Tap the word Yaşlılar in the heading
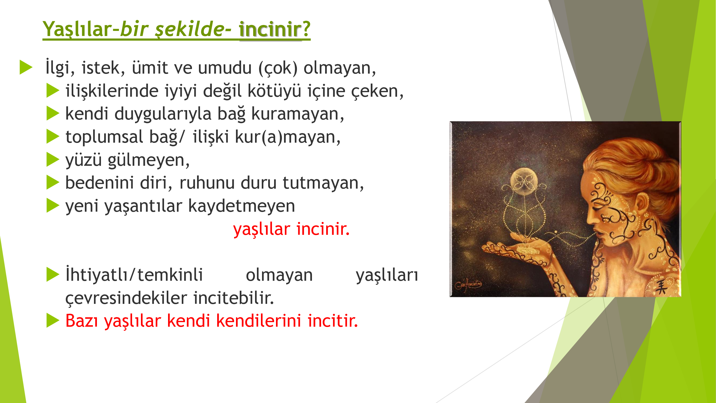pyautogui.click(x=77, y=29)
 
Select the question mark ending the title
pyautogui.click(x=306, y=28)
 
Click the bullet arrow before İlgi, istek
pyautogui.click(x=26, y=67)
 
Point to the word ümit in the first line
pyautogui.click(x=150, y=68)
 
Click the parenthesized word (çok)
pyautogui.click(x=278, y=68)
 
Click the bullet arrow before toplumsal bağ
pyautogui.click(x=53, y=136)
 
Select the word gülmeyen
pyautogui.click(x=149, y=160)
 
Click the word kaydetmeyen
pyautogui.click(x=242, y=206)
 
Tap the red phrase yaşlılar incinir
pyautogui.click(x=291, y=229)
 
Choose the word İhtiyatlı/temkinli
pyautogui.click(x=134, y=275)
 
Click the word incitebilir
pyautogui.click(x=234, y=298)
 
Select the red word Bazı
pyautogui.click(x=82, y=321)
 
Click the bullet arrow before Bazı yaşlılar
pyautogui.click(x=53, y=321)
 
